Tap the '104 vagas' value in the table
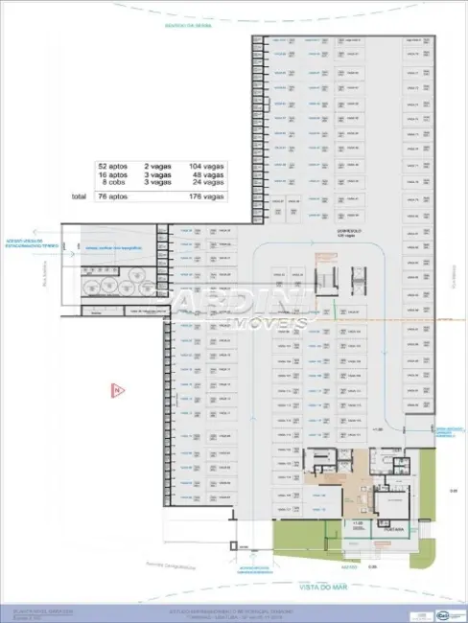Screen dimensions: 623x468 coord(207,166)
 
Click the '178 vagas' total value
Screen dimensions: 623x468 coord(207,196)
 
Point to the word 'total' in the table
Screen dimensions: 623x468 coord(78,196)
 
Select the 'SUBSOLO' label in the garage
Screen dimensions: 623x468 coord(334,231)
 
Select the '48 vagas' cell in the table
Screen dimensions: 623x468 coord(207,174)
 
